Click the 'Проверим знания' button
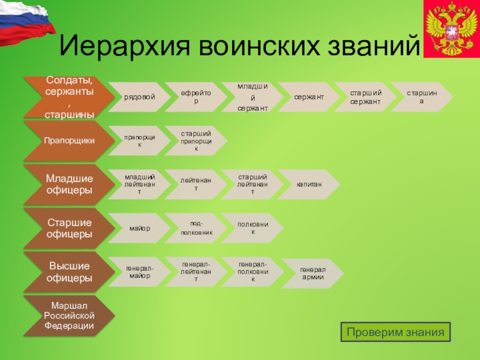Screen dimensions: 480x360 [395, 332]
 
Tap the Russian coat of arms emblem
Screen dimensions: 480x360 [451, 29]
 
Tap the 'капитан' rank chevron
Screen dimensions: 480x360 [308, 184]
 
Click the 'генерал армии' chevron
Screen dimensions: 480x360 [312, 273]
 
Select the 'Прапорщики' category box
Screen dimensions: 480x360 [68, 140]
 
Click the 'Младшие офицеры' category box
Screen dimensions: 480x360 [68, 184]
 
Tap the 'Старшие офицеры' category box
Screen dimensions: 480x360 [68, 228]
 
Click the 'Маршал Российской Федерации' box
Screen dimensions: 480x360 [68, 316]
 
